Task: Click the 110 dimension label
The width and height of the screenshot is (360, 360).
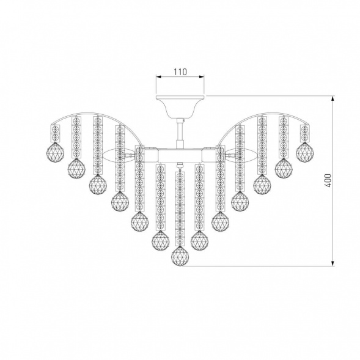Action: [180, 72]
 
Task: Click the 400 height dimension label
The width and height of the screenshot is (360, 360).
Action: [328, 181]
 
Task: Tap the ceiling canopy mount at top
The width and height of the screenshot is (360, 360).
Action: [180, 106]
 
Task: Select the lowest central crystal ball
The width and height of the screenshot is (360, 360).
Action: [180, 256]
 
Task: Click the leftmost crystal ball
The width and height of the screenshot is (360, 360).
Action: [55, 152]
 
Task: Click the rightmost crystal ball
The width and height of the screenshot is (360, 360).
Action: [304, 152]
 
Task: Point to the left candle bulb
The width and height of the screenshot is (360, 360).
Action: [117, 155]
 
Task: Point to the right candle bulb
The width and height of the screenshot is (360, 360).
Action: [241, 155]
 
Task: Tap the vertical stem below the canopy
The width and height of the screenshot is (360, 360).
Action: [180, 134]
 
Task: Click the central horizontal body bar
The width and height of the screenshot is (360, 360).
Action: [180, 155]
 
